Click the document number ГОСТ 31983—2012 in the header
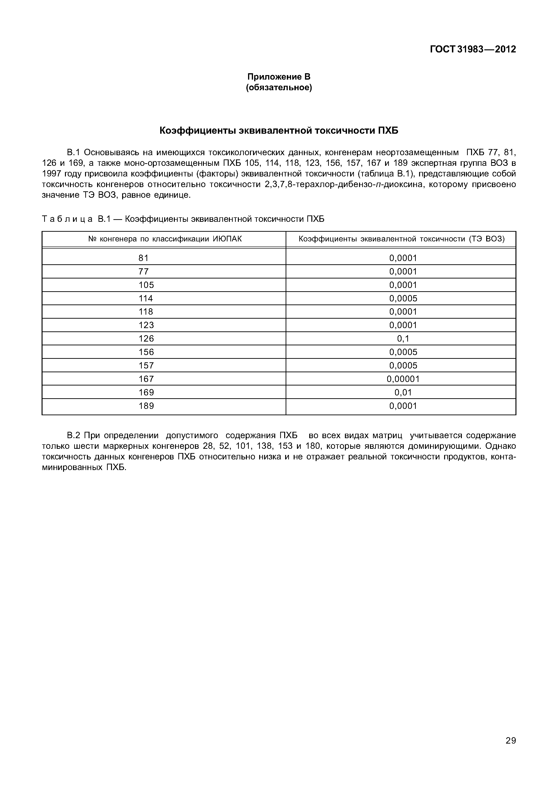point(473,49)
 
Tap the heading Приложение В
point(279,77)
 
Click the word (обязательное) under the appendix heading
point(279,87)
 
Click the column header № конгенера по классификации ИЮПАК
point(165,239)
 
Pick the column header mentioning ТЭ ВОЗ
point(402,239)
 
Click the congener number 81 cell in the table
point(144,258)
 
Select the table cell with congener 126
point(146,338)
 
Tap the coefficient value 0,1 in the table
point(403,338)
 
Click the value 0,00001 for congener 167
point(403,379)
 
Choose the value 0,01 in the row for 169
point(403,392)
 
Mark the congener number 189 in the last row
point(146,406)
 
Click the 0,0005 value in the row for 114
point(403,298)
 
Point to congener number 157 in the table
point(146,365)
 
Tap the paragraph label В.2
point(74,436)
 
